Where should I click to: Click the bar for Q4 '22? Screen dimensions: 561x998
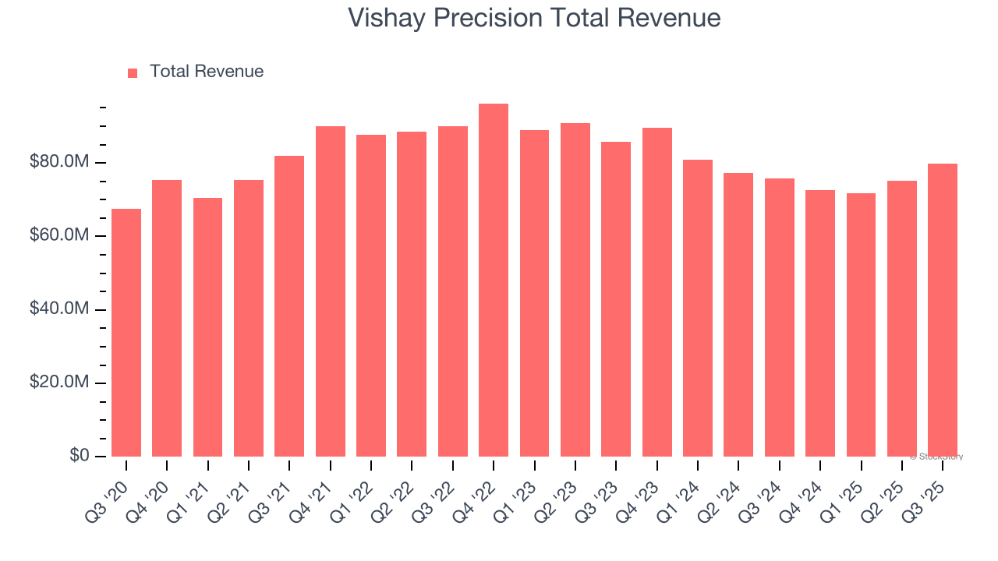[494, 280]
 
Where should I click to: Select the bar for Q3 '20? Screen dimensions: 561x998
[126, 333]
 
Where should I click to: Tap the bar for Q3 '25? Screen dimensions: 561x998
[943, 310]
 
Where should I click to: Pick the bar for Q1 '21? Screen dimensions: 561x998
[207, 327]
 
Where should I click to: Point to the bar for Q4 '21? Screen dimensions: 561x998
[331, 291]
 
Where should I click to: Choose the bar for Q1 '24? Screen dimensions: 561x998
[698, 309]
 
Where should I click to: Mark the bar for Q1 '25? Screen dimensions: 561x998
[861, 325]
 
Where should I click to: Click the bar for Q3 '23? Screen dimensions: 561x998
[616, 299]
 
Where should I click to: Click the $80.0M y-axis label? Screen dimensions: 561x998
[59, 163]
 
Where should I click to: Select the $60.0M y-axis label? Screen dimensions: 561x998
[59, 236]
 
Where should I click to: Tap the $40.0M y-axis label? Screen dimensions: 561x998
[59, 309]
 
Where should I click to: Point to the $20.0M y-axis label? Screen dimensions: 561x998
[59, 383]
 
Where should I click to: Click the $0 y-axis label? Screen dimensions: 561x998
[80, 456]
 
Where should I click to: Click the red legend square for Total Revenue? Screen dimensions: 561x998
[133, 73]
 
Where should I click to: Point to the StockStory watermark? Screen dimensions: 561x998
[936, 457]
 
